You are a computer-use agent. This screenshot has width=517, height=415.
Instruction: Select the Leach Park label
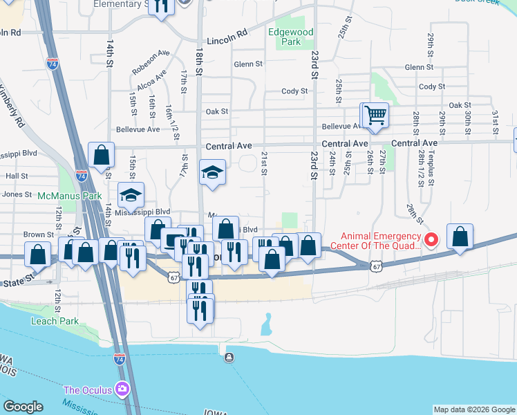click(56, 321)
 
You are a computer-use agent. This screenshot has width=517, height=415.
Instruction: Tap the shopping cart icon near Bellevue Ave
click(375, 115)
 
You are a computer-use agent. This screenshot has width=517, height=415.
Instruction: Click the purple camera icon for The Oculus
click(123, 389)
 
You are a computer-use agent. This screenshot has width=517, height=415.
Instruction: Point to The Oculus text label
click(88, 390)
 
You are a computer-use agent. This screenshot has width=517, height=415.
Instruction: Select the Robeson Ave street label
click(151, 61)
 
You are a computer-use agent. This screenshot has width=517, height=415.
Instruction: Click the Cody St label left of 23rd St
click(294, 91)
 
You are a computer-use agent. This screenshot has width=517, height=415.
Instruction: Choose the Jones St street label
click(18, 194)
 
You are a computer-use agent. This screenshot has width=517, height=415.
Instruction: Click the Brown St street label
click(39, 235)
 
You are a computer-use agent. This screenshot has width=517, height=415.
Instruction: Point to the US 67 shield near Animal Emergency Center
click(375, 265)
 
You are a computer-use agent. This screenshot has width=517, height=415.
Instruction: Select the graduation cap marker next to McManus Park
click(130, 196)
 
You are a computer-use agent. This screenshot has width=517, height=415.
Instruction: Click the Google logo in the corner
click(23, 407)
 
